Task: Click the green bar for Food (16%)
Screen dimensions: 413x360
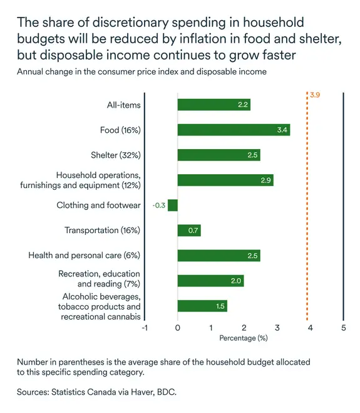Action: coord(233,130)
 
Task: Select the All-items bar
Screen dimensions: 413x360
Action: coord(213,105)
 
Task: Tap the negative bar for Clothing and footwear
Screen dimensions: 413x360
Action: coord(173,205)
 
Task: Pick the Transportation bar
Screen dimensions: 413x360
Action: coord(189,231)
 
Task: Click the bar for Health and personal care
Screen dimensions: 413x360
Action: coord(219,256)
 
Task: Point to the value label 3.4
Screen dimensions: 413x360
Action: coord(282,130)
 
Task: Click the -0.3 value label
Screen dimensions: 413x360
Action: coord(158,205)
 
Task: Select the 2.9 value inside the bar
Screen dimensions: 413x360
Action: coord(265,180)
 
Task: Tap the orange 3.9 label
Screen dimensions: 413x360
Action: coord(315,95)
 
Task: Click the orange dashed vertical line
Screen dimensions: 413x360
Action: coord(307,207)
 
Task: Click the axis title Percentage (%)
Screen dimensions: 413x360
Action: coord(243,338)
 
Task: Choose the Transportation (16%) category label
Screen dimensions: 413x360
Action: coord(103,231)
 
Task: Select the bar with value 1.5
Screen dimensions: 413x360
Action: coord(202,306)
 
